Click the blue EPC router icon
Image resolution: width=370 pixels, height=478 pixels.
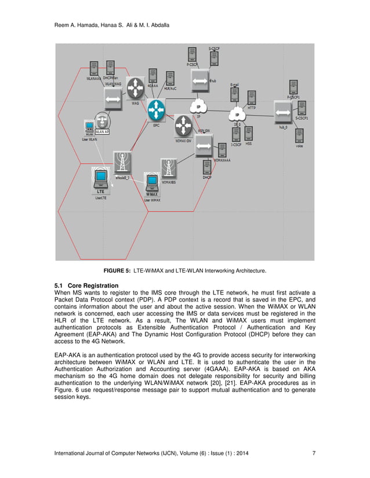(x=156, y=109)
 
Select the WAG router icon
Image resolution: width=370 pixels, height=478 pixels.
(x=136, y=87)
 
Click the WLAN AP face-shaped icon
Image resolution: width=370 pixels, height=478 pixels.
(x=103, y=121)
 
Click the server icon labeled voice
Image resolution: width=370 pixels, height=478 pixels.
(x=299, y=137)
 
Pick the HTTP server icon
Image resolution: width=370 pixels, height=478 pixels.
(x=252, y=98)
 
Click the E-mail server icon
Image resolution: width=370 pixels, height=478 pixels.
(x=235, y=94)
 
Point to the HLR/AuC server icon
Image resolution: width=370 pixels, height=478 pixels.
(x=171, y=79)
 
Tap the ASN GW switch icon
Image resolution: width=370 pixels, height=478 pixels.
(x=204, y=148)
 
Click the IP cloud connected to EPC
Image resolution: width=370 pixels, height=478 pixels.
(x=198, y=107)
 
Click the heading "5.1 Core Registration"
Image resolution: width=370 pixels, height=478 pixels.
(x=86, y=286)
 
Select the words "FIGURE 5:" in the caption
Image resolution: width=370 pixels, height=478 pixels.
(x=117, y=271)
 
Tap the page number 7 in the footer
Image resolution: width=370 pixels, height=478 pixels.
(x=314, y=453)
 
